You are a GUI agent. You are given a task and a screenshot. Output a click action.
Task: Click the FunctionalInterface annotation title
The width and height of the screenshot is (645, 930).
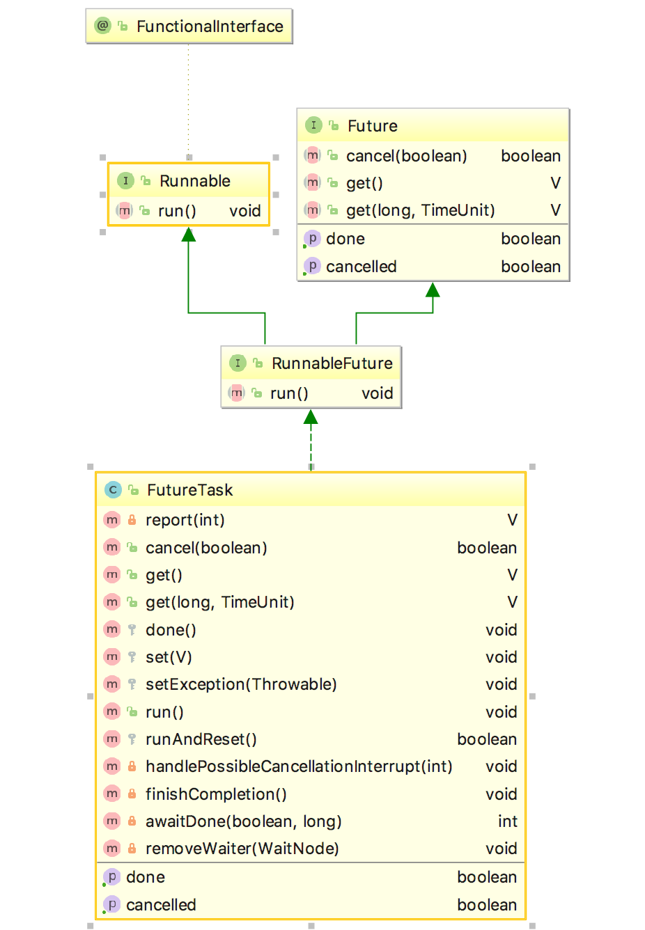click(210, 26)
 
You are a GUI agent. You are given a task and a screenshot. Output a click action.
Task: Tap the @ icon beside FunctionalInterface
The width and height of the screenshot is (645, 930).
click(102, 26)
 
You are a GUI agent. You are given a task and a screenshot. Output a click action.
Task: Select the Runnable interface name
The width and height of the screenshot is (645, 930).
click(194, 181)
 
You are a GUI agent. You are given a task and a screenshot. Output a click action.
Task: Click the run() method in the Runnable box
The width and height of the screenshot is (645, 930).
click(177, 211)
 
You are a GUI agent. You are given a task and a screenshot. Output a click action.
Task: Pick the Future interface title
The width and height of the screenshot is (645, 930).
click(372, 126)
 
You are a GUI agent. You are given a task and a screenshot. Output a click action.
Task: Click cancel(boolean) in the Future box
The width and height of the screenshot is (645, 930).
click(406, 156)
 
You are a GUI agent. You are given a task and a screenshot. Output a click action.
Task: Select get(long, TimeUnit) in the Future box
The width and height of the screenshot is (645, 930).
click(420, 210)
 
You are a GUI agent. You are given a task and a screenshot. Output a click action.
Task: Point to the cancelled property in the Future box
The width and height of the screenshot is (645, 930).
click(361, 267)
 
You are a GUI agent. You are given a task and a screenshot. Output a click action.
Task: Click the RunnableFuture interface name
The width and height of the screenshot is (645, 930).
click(332, 363)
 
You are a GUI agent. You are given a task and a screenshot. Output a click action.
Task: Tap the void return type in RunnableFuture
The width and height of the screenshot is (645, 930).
click(377, 393)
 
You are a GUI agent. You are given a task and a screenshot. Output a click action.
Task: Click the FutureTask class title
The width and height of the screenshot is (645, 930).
click(189, 490)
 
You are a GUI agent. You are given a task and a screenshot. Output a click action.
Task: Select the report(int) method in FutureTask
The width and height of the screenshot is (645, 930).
click(185, 520)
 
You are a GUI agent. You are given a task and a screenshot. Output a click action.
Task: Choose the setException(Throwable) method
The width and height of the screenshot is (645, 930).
click(241, 684)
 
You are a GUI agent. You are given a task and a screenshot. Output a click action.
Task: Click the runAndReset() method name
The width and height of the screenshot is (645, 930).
click(201, 739)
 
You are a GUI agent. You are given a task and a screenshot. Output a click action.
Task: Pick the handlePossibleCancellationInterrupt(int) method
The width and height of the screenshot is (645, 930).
click(299, 766)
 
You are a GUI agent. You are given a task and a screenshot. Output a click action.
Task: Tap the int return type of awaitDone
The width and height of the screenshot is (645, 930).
click(507, 821)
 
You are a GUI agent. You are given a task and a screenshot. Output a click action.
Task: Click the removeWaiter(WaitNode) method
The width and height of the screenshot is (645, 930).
click(242, 849)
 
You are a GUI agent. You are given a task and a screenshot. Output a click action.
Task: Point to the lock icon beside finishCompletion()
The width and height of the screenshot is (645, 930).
click(132, 794)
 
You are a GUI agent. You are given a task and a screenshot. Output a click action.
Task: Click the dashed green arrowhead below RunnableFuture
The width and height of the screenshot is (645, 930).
click(311, 417)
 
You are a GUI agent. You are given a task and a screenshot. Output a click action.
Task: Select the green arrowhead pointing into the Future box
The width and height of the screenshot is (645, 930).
click(433, 290)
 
